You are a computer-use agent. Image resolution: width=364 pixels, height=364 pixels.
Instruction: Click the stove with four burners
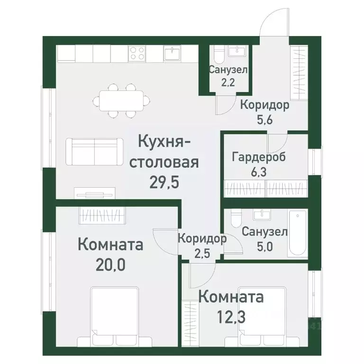pos(137,54)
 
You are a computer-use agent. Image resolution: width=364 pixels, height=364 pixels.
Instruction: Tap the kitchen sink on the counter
pos(172,54)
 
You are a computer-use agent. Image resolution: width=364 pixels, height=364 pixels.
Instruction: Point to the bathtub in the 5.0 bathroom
pos(298,233)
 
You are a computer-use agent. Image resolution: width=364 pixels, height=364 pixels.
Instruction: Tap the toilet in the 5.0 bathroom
pos(236,219)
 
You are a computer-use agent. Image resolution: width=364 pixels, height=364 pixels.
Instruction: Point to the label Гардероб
pos(259,157)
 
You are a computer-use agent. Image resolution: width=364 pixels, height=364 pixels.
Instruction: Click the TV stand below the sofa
pos(95,192)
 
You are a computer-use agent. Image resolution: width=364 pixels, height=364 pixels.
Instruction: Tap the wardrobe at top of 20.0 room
pos(102,216)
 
